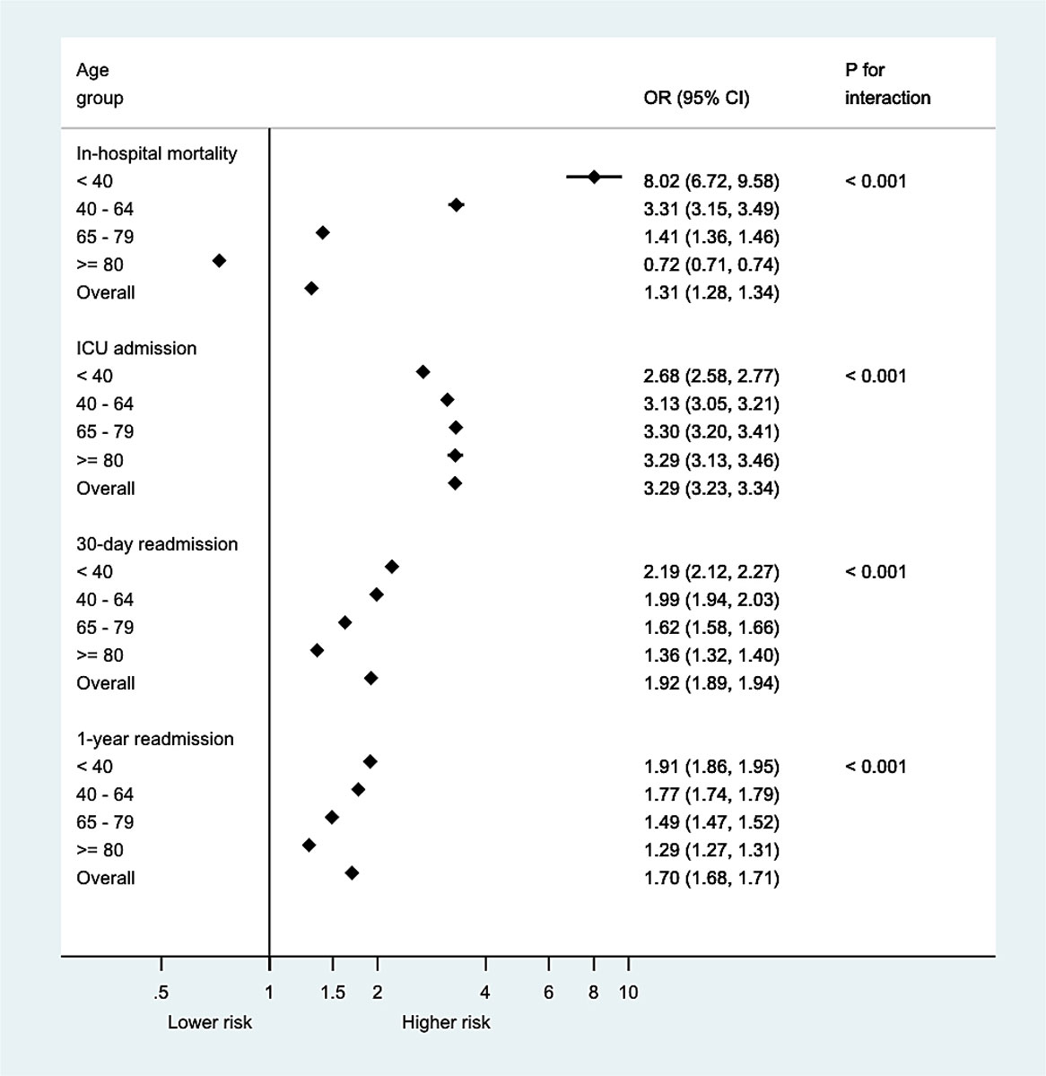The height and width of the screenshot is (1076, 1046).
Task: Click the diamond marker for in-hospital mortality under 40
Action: click(594, 178)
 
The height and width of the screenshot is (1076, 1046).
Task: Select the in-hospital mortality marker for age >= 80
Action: click(219, 261)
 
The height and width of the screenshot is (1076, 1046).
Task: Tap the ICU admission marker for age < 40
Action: click(423, 372)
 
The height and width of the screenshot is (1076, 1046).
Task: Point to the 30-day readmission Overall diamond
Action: click(371, 679)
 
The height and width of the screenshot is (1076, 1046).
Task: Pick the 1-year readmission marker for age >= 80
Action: click(309, 846)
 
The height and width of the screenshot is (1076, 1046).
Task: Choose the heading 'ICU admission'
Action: click(136, 348)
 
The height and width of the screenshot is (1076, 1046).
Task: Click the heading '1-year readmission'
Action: click(155, 739)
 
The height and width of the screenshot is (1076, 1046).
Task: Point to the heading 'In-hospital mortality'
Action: click(157, 153)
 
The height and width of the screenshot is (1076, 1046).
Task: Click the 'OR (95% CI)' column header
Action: click(697, 98)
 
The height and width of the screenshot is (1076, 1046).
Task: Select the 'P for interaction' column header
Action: click(887, 83)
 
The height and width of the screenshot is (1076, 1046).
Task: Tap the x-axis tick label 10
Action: click(628, 993)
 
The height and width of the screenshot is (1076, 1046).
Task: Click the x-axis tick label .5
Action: click(161, 993)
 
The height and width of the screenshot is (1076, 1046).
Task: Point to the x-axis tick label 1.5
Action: click(333, 993)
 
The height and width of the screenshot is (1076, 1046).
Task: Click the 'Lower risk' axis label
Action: click(210, 1022)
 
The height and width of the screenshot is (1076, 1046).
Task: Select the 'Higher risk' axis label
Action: click(446, 1022)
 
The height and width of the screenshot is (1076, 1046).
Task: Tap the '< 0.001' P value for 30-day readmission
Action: click(876, 571)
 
